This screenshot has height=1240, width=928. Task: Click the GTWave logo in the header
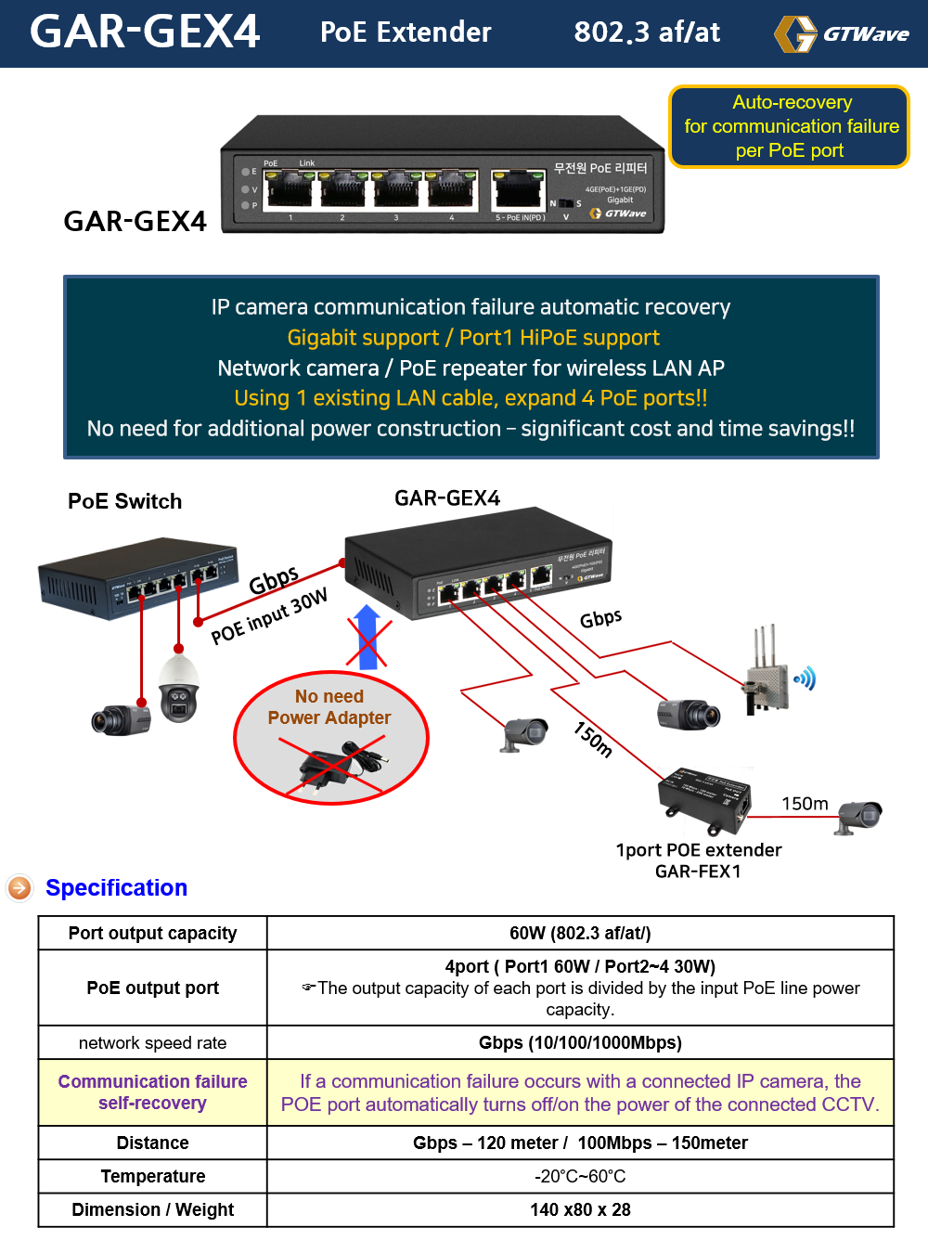pos(841,34)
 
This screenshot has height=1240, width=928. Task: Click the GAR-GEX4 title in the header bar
pos(145,32)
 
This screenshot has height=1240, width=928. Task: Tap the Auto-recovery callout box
pos(790,126)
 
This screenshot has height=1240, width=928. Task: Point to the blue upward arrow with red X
pos(367,637)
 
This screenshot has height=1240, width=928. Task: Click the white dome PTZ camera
pos(178,687)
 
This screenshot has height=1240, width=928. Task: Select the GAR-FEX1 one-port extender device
pos(704,797)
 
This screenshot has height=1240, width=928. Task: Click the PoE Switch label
pos(124,501)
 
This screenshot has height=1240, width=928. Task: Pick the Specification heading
pos(116,888)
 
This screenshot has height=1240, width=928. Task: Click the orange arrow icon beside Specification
pos(19,888)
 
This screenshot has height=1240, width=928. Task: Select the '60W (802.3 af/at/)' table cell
pos(580,933)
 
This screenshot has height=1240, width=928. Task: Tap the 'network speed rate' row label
pos(152,1042)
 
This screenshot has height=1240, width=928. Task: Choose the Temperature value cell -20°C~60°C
pos(580,1176)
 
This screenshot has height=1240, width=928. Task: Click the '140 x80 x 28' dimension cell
pos(580,1209)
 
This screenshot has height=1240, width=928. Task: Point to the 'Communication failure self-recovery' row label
pos(152,1092)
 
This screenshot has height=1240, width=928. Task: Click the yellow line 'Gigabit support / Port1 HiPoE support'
pos(473,338)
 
